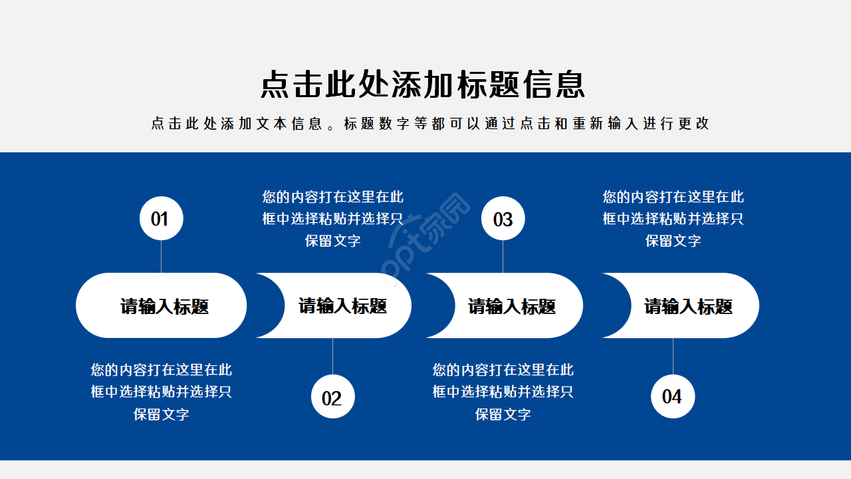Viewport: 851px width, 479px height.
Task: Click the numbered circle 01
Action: tap(161, 218)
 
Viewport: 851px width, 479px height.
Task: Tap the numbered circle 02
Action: tap(332, 397)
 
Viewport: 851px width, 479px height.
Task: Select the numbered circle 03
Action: tap(503, 218)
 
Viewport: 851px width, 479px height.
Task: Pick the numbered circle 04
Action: tap(672, 397)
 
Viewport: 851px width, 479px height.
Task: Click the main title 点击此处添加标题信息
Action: tap(423, 84)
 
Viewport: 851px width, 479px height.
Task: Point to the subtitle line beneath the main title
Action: tap(430, 124)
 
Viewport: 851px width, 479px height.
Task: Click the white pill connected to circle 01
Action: tap(162, 305)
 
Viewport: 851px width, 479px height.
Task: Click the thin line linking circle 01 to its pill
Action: tap(161, 256)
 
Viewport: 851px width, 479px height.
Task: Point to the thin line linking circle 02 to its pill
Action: tap(332, 357)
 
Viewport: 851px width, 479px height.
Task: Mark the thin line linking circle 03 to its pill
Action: tap(503, 256)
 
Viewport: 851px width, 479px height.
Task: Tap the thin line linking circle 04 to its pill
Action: tap(673, 356)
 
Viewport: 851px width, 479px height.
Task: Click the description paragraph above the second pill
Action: tap(332, 218)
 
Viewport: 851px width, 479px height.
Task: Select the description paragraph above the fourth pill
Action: tap(673, 218)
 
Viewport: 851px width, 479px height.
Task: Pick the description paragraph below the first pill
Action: tap(162, 391)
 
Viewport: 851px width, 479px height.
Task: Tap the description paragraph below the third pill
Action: tap(503, 391)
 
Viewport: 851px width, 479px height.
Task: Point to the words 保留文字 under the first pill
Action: tap(162, 414)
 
